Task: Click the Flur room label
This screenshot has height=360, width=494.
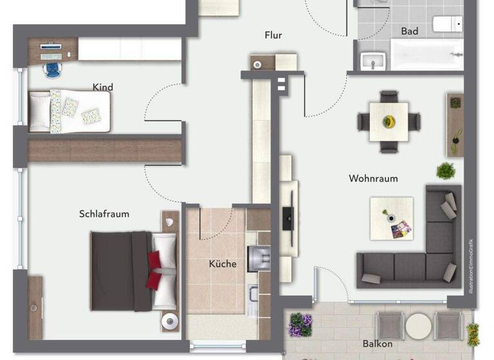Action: click(x=273, y=35)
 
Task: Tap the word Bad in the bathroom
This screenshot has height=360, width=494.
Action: click(x=409, y=31)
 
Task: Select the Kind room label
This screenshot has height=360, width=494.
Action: click(x=103, y=87)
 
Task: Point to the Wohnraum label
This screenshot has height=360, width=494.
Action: click(x=373, y=178)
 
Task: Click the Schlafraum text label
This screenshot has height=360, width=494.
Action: click(x=104, y=213)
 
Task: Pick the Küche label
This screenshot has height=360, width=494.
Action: click(x=223, y=264)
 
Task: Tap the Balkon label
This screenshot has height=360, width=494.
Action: click(x=378, y=344)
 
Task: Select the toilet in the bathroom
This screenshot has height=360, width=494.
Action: click(x=447, y=24)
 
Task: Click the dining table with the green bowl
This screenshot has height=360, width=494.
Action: click(x=389, y=121)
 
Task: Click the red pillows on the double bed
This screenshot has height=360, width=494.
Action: click(x=155, y=269)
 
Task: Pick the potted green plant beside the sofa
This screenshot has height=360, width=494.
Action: click(x=445, y=171)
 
